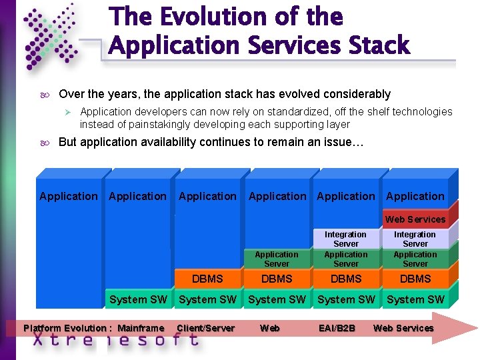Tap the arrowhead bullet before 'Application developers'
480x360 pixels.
(x=67, y=112)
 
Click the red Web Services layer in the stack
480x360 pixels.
(x=415, y=219)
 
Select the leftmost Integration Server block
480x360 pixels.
(x=345, y=239)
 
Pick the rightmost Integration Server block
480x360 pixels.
(x=415, y=239)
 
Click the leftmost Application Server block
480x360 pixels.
(x=277, y=259)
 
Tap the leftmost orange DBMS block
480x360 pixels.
(x=207, y=279)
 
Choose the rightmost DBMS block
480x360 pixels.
(x=415, y=279)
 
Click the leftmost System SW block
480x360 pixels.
(x=138, y=299)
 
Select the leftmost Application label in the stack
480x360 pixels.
(x=69, y=196)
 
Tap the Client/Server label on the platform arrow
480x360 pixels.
(x=206, y=328)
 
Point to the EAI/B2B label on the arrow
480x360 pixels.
(x=337, y=328)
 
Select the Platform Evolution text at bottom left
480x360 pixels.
(x=65, y=328)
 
